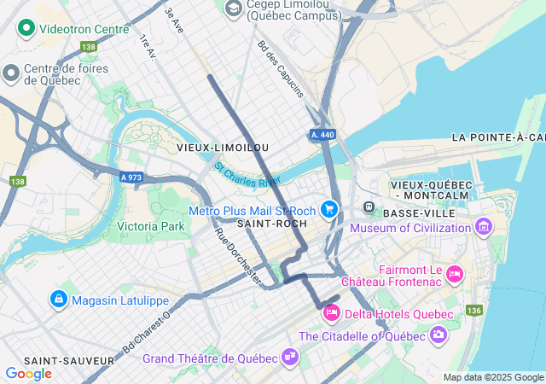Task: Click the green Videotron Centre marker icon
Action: coord(26,29)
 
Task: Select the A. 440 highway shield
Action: coord(322,135)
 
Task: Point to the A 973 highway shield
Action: coord(131,177)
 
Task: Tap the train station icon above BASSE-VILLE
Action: coord(369,207)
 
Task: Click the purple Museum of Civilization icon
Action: coord(484,227)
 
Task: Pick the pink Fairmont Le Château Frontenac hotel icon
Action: coord(454,272)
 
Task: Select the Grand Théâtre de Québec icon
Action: coord(290,357)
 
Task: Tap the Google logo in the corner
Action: coord(28,374)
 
